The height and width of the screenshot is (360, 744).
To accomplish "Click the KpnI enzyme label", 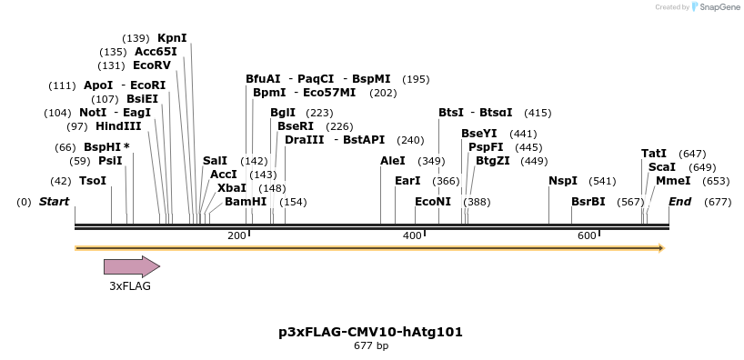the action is (x=172, y=38).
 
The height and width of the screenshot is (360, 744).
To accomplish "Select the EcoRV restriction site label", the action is (x=151, y=65).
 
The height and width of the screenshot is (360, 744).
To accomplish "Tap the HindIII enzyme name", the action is (x=118, y=126).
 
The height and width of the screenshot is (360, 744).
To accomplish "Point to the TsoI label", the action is (x=93, y=181).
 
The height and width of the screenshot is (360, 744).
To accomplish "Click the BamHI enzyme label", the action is (x=246, y=201).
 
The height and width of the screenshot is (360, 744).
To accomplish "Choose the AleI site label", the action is (x=393, y=161).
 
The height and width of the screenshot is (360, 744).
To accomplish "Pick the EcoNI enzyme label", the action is (x=433, y=201).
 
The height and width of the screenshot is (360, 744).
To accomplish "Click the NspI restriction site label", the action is (x=563, y=181).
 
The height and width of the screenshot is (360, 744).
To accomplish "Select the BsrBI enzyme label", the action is (x=588, y=201).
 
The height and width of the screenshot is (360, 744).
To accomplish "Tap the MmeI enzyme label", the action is (x=673, y=181).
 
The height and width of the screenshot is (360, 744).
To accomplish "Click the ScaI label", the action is (x=662, y=167).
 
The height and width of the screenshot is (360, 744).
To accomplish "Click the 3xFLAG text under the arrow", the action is (x=130, y=286).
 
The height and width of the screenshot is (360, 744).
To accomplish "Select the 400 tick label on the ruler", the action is (x=412, y=236).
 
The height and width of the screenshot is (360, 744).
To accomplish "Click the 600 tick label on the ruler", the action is (x=587, y=236).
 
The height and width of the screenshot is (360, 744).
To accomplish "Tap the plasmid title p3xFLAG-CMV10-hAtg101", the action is (x=370, y=332).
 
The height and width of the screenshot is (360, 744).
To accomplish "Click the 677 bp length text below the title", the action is (x=370, y=346).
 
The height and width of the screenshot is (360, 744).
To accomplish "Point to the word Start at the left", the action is (x=54, y=201).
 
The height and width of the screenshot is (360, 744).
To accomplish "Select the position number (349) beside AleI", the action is (x=432, y=161).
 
